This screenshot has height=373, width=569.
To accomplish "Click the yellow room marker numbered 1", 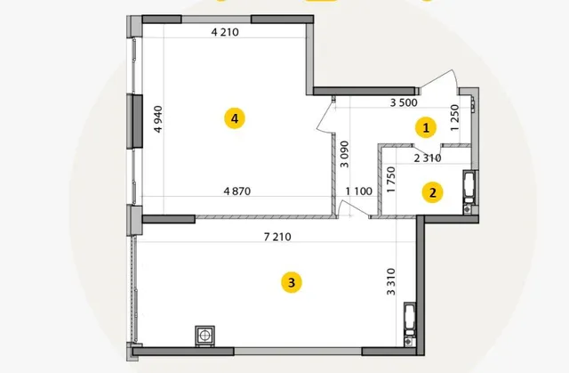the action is click(x=426, y=127).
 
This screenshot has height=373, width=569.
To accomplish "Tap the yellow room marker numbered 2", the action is click(x=432, y=192).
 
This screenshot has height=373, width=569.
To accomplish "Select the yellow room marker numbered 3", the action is click(x=292, y=282).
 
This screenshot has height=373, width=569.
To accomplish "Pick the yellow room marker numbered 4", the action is click(x=235, y=118).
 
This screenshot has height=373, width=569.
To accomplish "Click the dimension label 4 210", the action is click(x=225, y=32).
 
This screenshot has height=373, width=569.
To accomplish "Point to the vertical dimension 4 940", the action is click(x=158, y=119).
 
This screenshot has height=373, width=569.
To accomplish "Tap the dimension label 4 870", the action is click(x=237, y=191).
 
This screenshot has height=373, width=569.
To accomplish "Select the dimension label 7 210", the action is click(x=277, y=237).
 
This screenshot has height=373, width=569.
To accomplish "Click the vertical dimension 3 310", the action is click(x=391, y=281).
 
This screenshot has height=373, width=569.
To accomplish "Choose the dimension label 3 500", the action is click(x=404, y=102).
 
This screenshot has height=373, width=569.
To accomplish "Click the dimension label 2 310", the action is click(x=428, y=158).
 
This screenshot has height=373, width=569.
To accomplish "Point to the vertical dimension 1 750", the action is click(x=391, y=180).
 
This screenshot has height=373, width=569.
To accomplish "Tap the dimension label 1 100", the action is click(x=359, y=191).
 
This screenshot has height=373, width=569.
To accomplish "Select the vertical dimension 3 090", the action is click(x=344, y=154).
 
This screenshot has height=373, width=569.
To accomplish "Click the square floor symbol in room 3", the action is click(x=204, y=336).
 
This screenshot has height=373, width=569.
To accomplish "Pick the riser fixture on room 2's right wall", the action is click(x=469, y=191).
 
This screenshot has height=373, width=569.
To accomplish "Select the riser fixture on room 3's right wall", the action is click(x=410, y=324).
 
